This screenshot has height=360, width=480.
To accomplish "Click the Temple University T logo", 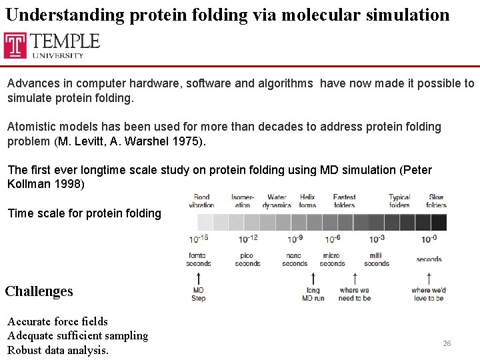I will coord(15,45).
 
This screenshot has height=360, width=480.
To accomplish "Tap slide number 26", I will coord(447,343).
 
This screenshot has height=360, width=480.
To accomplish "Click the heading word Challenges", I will coord(39,291).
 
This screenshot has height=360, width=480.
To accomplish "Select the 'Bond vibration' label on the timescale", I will coord(201,201).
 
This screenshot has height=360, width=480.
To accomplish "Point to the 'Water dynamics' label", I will coord(277,201).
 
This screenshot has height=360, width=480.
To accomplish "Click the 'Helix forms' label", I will coord(307,201).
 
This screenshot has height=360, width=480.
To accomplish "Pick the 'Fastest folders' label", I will coord(344,201).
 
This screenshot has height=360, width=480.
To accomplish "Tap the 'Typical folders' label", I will coord(399,201).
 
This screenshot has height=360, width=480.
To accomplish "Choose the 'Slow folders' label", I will coord(437,201).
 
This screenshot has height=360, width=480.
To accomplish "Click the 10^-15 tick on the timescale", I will coord(199,239).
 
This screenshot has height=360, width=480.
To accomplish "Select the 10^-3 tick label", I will coord(377,239).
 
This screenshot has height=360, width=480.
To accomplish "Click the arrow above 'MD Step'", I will coord(199,277).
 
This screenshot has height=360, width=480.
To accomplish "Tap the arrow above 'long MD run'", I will coord(313,277).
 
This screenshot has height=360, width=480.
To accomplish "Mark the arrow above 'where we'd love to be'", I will coord(428,277).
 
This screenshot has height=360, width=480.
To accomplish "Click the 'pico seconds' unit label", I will coord(247,259).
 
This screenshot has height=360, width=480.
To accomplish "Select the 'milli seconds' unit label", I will coord(377,259).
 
